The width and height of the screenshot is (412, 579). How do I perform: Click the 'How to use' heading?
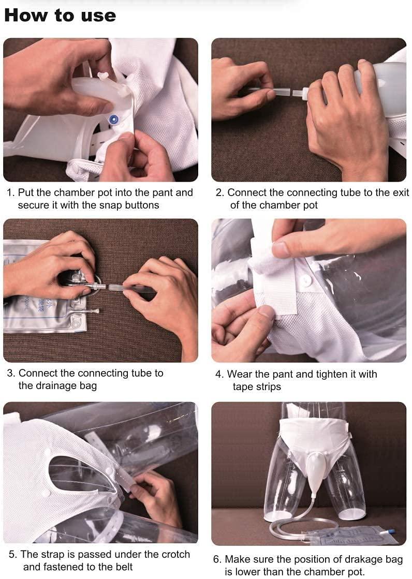click(x=60, y=15)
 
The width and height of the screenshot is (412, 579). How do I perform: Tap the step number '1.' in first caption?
click(x=11, y=193)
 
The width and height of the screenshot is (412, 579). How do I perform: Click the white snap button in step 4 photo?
click(x=306, y=281)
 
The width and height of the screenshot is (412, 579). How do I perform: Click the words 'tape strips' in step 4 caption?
click(x=257, y=387)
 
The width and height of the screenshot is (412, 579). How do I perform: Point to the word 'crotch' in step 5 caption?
click(x=172, y=554)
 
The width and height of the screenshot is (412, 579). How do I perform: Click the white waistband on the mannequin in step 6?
click(x=313, y=427)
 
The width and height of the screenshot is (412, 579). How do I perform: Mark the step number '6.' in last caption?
click(x=218, y=559)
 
